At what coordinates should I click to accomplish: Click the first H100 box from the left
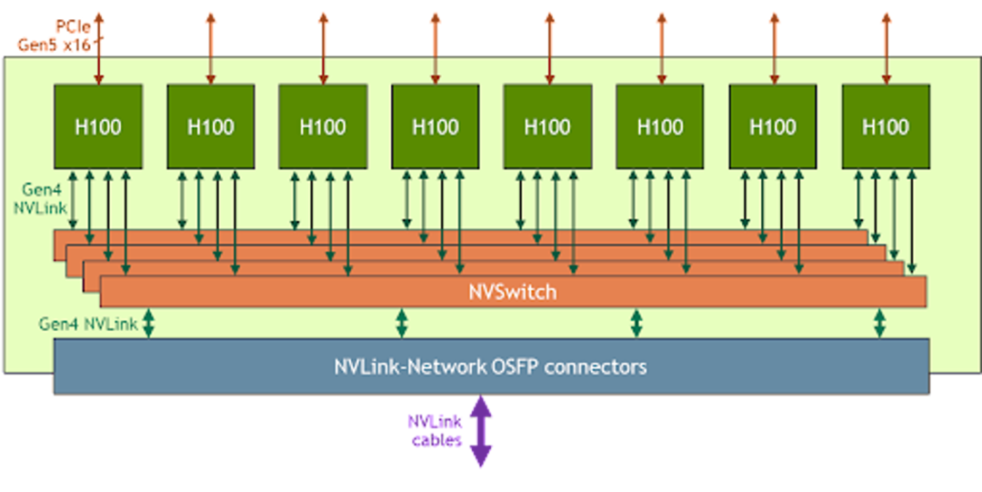pos(98,126)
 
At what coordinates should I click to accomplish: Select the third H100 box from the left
pos(323,126)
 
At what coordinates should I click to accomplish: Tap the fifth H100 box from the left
pos(547,126)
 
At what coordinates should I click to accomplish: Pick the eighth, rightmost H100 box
pos(886,126)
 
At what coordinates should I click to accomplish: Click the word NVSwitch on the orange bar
pos(512,293)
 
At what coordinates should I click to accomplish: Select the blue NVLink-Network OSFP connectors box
pos(491,366)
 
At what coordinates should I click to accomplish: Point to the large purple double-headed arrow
pos(481,434)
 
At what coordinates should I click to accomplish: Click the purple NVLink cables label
pos(436,431)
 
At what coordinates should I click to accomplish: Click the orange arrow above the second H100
pos(211,45)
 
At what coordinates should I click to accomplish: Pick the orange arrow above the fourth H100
pos(436,45)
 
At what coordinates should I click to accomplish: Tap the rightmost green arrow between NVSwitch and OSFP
pos(879,323)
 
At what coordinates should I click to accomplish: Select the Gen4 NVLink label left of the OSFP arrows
pos(87,324)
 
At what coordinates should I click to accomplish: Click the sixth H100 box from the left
pos(660,126)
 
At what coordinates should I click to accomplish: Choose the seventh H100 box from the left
pos(773,126)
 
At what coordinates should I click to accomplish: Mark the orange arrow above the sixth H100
pos(661,45)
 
